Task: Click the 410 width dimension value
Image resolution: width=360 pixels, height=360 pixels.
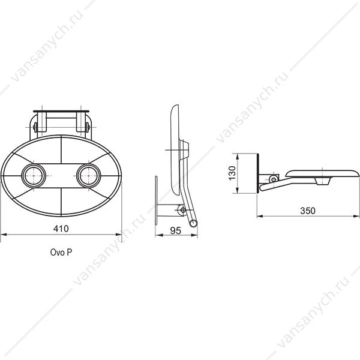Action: click(61, 229)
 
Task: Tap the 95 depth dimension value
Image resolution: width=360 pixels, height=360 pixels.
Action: click(176, 231)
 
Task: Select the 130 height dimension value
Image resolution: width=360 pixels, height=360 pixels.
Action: click(232, 173)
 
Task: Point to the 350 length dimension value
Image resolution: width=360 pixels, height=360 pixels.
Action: click(308, 211)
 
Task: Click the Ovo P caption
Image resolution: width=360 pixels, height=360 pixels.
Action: click(61, 253)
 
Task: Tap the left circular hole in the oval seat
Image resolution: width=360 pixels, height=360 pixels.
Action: click(34, 176)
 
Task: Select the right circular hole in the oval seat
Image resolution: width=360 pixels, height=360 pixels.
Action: click(89, 176)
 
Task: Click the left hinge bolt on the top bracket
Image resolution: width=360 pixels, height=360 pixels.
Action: click(35, 127)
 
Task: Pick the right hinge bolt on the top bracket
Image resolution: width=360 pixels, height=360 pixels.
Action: click(87, 127)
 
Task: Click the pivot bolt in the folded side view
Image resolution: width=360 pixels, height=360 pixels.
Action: click(183, 210)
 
